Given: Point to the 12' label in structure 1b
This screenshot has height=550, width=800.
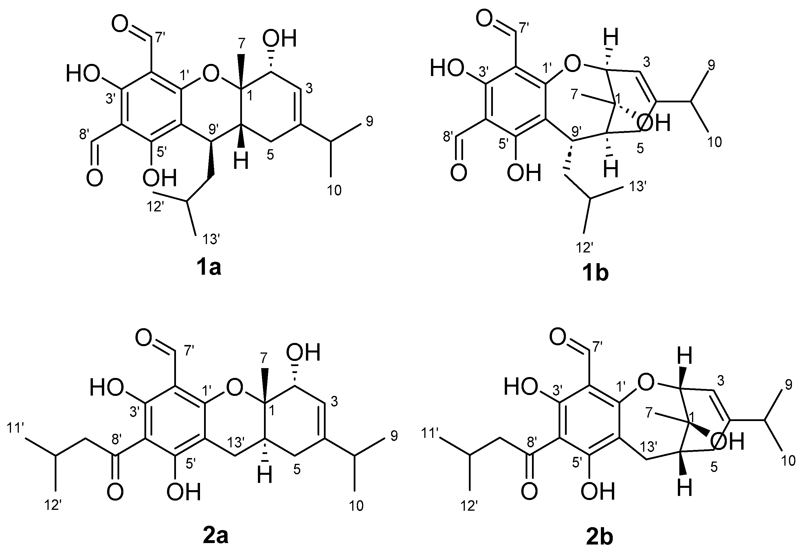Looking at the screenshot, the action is pyautogui.click(x=585, y=247).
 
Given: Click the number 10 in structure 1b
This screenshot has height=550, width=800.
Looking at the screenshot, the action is pyautogui.click(x=715, y=142).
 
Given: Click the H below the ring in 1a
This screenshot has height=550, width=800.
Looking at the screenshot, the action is pyautogui.click(x=241, y=161).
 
